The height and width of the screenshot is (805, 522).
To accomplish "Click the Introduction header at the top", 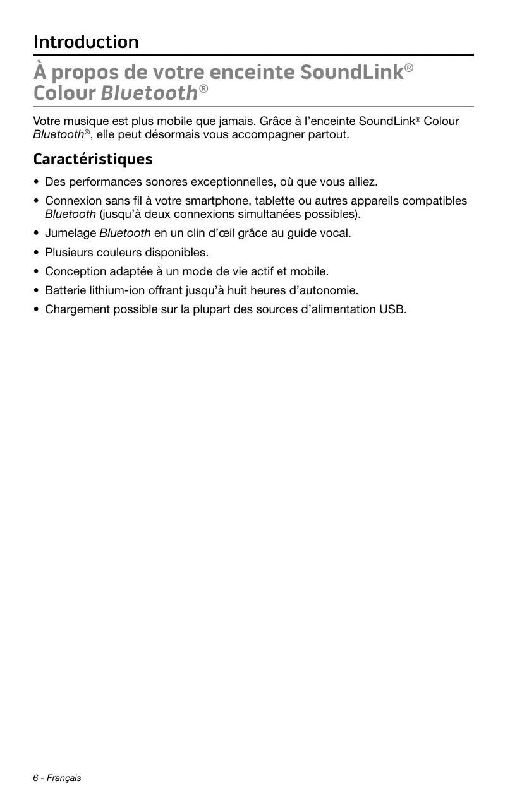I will pyautogui.click(x=86, y=42).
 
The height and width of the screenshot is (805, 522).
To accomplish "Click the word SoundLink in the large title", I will pyautogui.click(x=351, y=73).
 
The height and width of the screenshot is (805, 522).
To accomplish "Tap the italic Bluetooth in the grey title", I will pyautogui.click(x=149, y=93).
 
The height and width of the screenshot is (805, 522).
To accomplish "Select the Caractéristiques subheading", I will pyautogui.click(x=93, y=158).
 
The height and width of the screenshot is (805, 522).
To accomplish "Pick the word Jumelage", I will pyautogui.click(x=70, y=233).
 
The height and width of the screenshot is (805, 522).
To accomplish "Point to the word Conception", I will pyautogui.click(x=74, y=271).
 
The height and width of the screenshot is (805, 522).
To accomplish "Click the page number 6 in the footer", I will pyautogui.click(x=36, y=778).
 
